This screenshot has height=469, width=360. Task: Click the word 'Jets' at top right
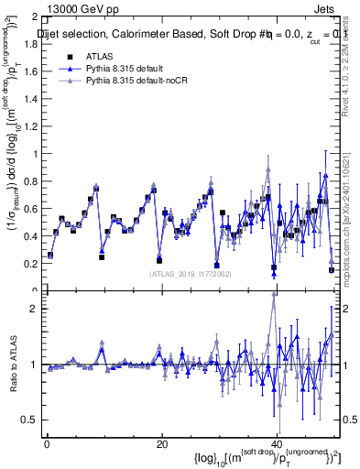pos(326,7)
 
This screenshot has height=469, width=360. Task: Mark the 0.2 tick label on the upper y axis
pos(28,262)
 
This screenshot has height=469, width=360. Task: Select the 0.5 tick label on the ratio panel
pos(28,420)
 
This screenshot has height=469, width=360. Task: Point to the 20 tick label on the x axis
pos(162,444)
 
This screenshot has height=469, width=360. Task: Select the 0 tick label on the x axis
pos(47,444)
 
